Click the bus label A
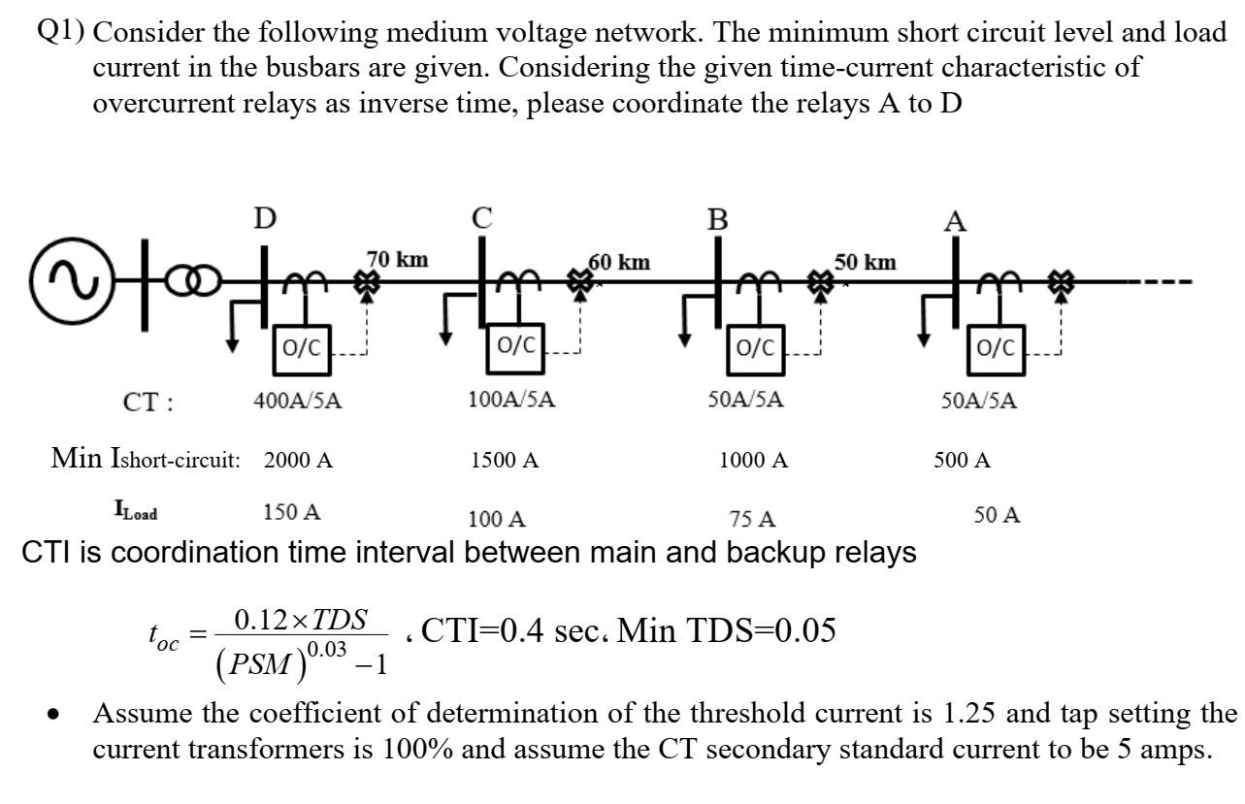955,221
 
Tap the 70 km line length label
398,259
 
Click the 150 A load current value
293,513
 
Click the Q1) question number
64,31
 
